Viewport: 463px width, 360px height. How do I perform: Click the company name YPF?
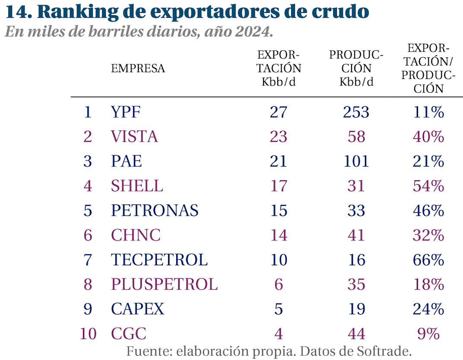(x=126, y=112)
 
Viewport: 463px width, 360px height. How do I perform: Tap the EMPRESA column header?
(x=138, y=68)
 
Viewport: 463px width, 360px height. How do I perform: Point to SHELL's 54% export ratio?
(x=427, y=186)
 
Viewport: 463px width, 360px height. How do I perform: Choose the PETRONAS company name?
(x=155, y=211)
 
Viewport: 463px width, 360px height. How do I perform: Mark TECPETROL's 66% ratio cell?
(x=427, y=260)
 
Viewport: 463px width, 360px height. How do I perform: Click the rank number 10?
(x=88, y=334)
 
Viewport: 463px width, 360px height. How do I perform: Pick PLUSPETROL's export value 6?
(x=279, y=285)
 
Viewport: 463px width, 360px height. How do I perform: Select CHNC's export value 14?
(x=279, y=236)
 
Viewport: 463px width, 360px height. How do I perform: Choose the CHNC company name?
(x=136, y=236)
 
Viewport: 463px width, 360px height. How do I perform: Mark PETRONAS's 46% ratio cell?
(x=427, y=211)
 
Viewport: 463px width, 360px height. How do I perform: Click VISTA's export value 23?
(x=279, y=137)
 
